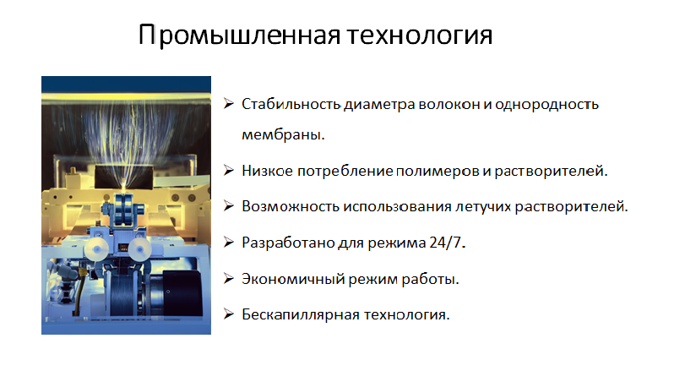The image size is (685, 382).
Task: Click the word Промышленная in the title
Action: click(x=239, y=35)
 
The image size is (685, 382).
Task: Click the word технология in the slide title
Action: click(x=420, y=35)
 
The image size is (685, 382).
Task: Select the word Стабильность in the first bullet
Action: click(x=291, y=104)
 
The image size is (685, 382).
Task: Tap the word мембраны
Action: click(x=283, y=134)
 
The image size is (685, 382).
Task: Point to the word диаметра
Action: click(x=379, y=105)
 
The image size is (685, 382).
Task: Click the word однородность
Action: click(x=546, y=104)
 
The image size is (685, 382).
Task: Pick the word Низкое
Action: click(x=268, y=171)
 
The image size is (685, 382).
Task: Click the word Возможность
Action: click(x=291, y=206)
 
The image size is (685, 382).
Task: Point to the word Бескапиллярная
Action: click(x=301, y=314)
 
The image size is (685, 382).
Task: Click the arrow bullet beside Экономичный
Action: click(x=229, y=278)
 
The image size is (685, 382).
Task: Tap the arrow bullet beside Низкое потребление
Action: click(x=229, y=170)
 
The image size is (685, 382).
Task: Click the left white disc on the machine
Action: click(x=96, y=249)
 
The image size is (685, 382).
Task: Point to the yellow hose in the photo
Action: click(x=79, y=292)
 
